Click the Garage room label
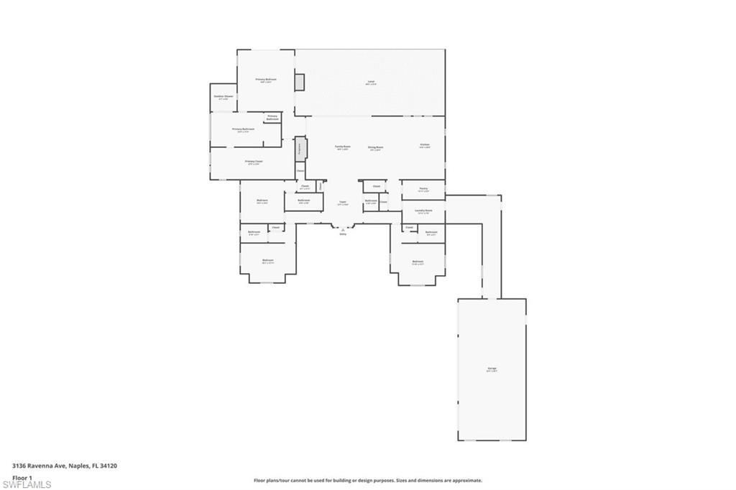492,369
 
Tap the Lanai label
371,82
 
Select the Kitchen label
425,145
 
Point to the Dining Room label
376,147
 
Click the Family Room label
342,147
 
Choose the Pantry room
423,189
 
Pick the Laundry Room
423,211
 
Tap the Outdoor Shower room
224,97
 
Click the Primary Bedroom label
266,80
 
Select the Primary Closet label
254,162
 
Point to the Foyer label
343,203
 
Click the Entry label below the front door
343,234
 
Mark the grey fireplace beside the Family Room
300,149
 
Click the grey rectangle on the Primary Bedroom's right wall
300,82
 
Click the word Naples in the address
79,466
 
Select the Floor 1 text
22,477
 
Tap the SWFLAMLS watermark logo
27,485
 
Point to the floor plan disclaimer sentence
367,480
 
